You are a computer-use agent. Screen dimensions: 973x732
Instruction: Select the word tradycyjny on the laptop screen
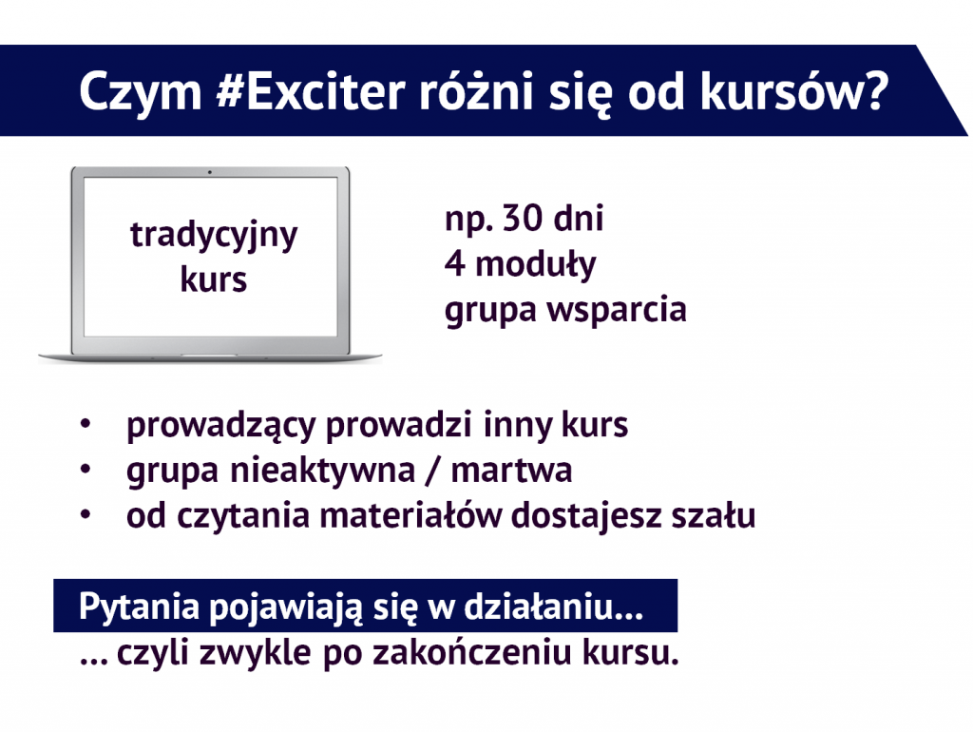pyautogui.click(x=214, y=236)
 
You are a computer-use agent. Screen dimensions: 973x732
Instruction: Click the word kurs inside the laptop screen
pyautogui.click(x=214, y=279)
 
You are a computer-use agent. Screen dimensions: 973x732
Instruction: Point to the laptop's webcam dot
pyautogui.click(x=210, y=172)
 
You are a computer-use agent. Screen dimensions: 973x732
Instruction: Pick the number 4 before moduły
pyautogui.click(x=454, y=263)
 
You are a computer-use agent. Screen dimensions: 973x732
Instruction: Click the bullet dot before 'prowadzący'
pyautogui.click(x=86, y=424)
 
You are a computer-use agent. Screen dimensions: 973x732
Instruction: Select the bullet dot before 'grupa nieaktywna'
pyautogui.click(x=86, y=470)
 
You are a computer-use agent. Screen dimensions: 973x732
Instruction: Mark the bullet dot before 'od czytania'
pyautogui.click(x=86, y=514)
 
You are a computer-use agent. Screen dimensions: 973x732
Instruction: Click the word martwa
pyautogui.click(x=511, y=470)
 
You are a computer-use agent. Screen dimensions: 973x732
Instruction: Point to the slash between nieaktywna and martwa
pyautogui.click(x=432, y=470)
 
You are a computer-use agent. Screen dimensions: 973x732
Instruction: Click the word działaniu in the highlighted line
pyautogui.click(x=538, y=606)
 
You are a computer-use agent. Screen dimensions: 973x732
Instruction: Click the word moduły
pyautogui.click(x=535, y=264)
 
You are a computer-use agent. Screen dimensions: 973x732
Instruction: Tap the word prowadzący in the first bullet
pyautogui.click(x=221, y=426)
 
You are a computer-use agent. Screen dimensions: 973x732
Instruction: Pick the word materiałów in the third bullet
pyautogui.click(x=410, y=515)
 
